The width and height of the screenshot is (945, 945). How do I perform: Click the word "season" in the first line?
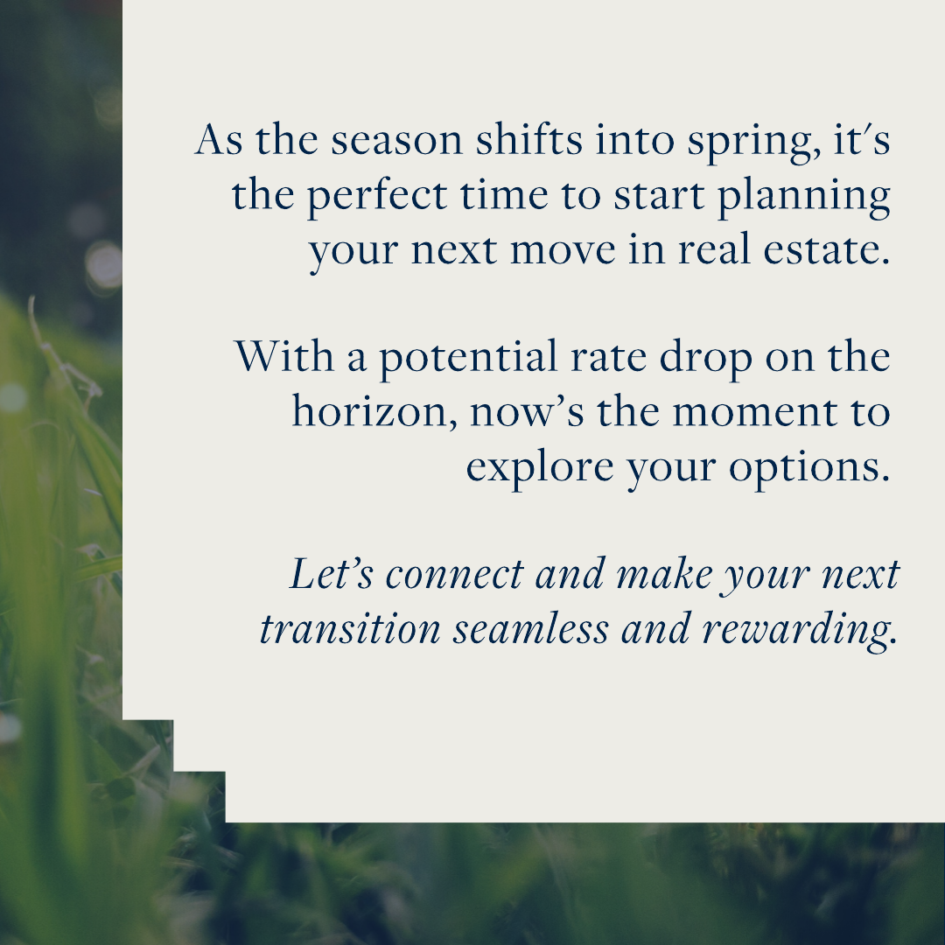pyautogui.click(x=396, y=140)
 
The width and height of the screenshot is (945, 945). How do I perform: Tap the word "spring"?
pyautogui.click(x=753, y=143)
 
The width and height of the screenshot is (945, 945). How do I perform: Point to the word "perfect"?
pyautogui.click(x=377, y=197)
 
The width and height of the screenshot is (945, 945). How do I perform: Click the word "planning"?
pyautogui.click(x=804, y=197)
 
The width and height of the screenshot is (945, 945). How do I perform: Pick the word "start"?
pyautogui.click(x=660, y=197)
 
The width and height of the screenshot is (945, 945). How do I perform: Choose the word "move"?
pyautogui.click(x=563, y=251)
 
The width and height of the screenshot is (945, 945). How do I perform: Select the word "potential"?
pyautogui.click(x=467, y=360)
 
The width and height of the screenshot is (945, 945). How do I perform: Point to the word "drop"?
pyautogui.click(x=706, y=360)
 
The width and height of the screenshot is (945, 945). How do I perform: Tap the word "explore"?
pyautogui.click(x=539, y=468)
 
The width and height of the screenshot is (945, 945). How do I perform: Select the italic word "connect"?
pyautogui.click(x=455, y=576)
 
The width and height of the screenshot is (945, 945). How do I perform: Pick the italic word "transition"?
pyautogui.click(x=350, y=628)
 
